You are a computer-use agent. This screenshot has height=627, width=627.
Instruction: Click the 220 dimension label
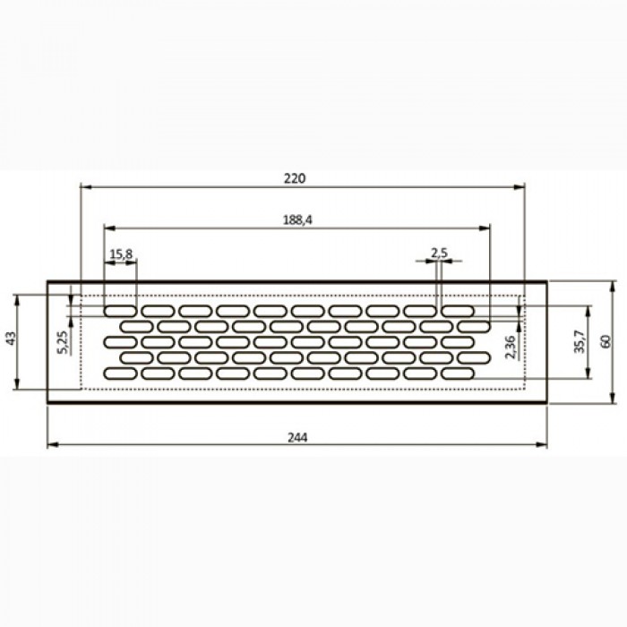(295, 178)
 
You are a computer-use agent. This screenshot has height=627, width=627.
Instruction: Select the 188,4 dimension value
(297, 220)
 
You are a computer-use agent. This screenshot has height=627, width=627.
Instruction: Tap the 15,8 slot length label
(121, 253)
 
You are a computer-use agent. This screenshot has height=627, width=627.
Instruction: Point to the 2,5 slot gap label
(439, 253)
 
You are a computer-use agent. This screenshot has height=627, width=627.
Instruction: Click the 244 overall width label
(297, 438)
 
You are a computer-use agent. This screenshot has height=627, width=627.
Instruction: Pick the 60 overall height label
(606, 341)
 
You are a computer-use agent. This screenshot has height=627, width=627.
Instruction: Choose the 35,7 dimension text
(579, 341)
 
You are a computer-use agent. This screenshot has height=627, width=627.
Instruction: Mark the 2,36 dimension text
(511, 348)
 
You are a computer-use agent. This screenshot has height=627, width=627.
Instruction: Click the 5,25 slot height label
(64, 342)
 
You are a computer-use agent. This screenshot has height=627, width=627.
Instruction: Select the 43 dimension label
(11, 339)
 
